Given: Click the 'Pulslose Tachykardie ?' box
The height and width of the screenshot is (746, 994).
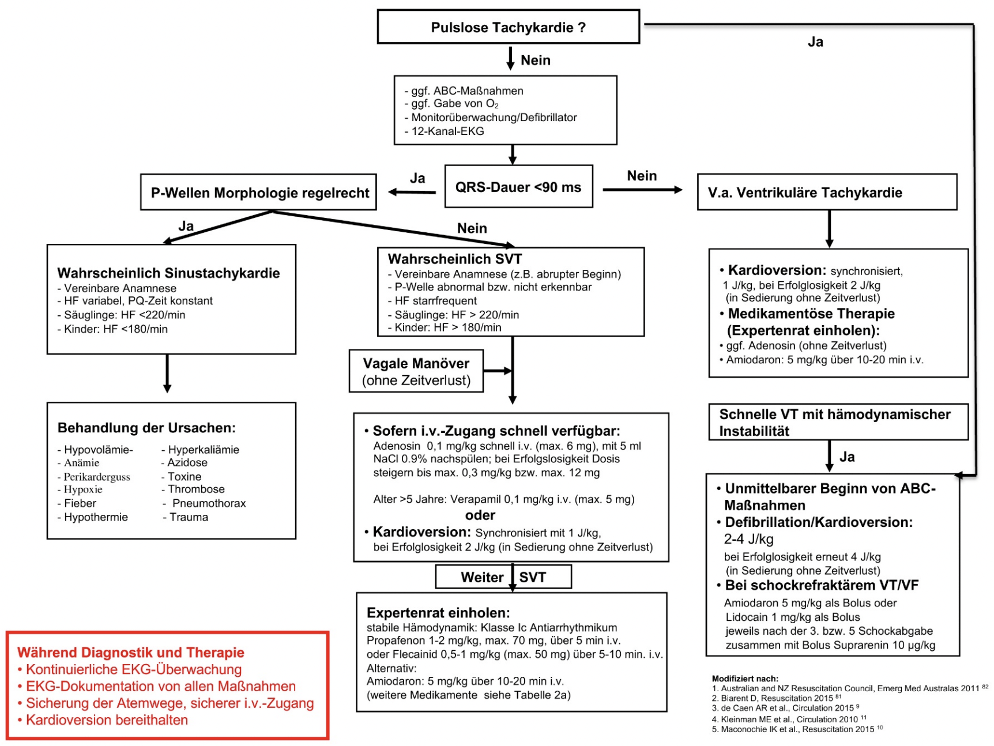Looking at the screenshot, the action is point(508,27).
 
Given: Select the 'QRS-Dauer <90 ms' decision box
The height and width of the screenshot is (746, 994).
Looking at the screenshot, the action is point(518,186).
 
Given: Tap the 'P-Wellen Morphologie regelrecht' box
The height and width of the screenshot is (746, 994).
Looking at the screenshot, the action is point(258,192).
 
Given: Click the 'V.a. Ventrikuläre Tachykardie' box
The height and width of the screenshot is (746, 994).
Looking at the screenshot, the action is point(827,192).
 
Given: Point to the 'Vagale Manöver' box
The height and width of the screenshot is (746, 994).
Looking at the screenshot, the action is point(416,371).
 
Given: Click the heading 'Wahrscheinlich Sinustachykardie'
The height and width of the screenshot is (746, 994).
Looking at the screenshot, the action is point(168,273).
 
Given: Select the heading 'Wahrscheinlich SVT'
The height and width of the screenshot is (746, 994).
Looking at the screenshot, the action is point(454,259).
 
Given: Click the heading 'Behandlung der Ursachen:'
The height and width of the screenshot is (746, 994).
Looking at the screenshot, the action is point(146,428).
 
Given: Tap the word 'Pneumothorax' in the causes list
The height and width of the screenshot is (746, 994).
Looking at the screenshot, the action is point(209,503).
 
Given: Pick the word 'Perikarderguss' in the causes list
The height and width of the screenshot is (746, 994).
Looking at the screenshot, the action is point(97,477).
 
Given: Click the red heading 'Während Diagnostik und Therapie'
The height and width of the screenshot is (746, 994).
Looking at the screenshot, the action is point(131,652).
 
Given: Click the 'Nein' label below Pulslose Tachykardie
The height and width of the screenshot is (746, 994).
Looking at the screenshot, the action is point(536,60).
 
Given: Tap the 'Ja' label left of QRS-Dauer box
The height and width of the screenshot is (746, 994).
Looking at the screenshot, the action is point(417,178).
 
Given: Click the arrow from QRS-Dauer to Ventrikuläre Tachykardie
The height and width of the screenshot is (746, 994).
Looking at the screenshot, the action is point(642,190).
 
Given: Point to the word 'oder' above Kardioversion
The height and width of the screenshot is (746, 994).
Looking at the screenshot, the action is point(480,515).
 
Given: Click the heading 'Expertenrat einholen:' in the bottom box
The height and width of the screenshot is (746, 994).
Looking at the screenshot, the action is point(438,612).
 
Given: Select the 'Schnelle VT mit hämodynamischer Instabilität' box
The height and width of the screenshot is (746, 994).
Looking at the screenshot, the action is point(838,422).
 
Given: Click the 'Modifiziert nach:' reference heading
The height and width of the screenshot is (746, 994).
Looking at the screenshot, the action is point(745,679).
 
